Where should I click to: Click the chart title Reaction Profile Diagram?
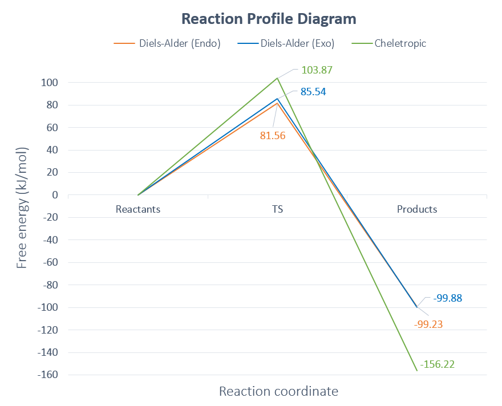[269, 19]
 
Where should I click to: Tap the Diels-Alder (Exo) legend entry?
[297, 43]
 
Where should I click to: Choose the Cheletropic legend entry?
[400, 43]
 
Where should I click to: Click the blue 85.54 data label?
[313, 91]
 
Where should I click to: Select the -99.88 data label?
[447, 298]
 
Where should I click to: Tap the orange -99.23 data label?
[429, 324]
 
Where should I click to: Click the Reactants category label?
[138, 209]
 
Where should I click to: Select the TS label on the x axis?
[277, 209]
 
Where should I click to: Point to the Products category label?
[417, 209]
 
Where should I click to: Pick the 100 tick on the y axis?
[50, 83]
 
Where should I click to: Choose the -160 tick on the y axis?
[48, 375]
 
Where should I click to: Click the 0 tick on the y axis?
[55, 195]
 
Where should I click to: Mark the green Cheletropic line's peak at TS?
[277, 78]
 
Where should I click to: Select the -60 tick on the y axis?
[50, 262]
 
